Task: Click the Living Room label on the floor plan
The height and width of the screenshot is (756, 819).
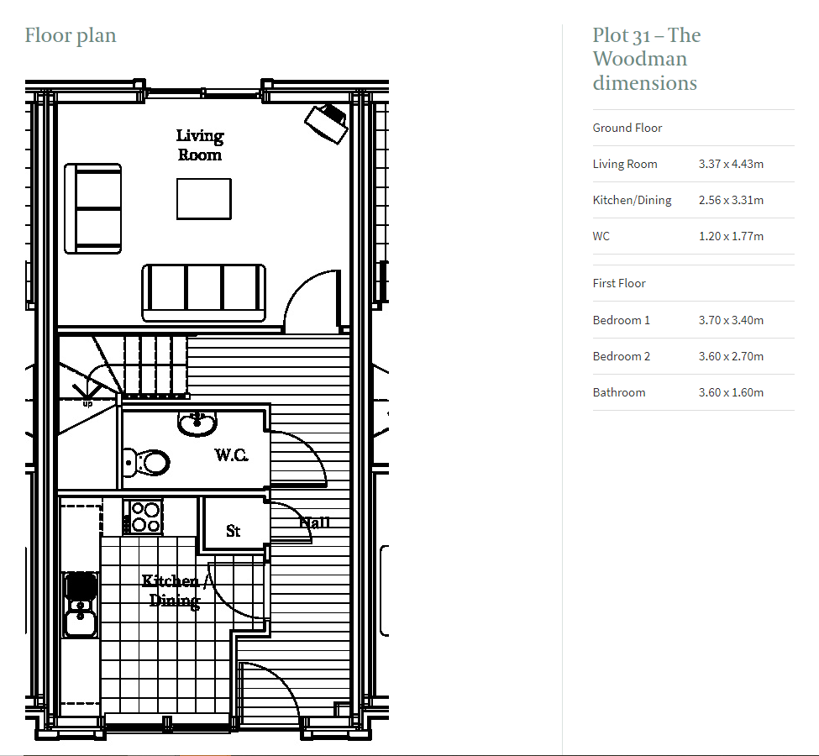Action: (x=200, y=145)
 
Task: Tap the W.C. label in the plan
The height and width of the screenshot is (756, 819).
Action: (x=231, y=455)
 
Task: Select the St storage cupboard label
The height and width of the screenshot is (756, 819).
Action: (x=234, y=531)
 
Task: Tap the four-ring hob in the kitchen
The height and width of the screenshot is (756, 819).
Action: (x=144, y=517)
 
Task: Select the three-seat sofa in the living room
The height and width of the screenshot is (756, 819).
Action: (x=203, y=292)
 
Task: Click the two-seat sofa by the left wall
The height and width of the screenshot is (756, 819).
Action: (x=93, y=208)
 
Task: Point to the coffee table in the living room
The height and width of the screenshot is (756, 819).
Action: (x=203, y=198)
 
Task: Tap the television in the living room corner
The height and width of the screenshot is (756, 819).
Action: (x=327, y=123)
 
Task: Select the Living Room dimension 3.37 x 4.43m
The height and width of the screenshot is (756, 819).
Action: (x=731, y=164)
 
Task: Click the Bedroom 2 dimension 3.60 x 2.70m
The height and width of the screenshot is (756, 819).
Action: (x=731, y=356)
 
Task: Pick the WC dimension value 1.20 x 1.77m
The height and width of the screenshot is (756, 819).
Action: (x=731, y=236)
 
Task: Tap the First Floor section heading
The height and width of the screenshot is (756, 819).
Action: (x=619, y=283)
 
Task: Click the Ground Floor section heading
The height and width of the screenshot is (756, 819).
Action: (x=627, y=128)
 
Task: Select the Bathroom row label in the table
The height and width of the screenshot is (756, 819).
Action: (x=619, y=392)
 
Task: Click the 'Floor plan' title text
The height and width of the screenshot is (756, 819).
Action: (x=71, y=35)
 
